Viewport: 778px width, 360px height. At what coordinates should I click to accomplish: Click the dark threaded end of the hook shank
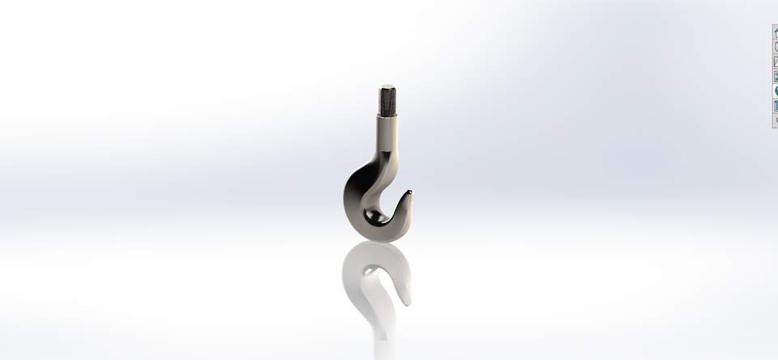pos(387,102)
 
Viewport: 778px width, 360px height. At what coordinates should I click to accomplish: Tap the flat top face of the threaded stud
pos(387,87)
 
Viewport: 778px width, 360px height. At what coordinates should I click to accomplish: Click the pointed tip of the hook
pos(409,193)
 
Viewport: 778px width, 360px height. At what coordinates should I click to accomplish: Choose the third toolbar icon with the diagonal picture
pos(776,62)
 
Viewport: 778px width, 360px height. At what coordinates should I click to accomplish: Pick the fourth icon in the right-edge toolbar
pos(776,76)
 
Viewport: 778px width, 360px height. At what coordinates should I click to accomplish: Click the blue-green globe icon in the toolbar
pos(776,91)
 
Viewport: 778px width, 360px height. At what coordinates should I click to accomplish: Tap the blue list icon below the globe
pos(776,105)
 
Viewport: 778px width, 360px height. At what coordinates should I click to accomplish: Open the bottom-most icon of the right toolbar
pos(776,120)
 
